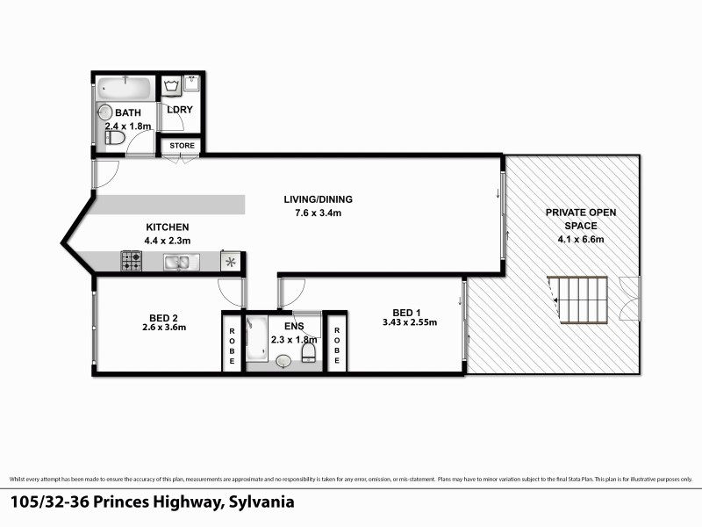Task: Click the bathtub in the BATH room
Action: point(125,88)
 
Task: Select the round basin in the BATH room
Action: point(104,112)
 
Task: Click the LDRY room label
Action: point(180,109)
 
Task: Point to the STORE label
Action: point(182,146)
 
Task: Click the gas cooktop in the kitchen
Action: point(132,261)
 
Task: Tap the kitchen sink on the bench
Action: point(182,261)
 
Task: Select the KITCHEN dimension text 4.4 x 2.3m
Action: point(167,241)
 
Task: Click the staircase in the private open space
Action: point(579,301)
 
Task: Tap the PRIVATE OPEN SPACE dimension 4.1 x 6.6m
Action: point(576,239)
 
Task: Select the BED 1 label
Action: point(408,313)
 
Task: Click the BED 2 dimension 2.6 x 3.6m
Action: point(163,328)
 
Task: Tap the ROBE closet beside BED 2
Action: point(232,343)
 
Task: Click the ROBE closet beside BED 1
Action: point(336,343)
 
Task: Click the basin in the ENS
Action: point(283,360)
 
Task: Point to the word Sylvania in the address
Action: point(261,503)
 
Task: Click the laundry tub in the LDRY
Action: point(172,86)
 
